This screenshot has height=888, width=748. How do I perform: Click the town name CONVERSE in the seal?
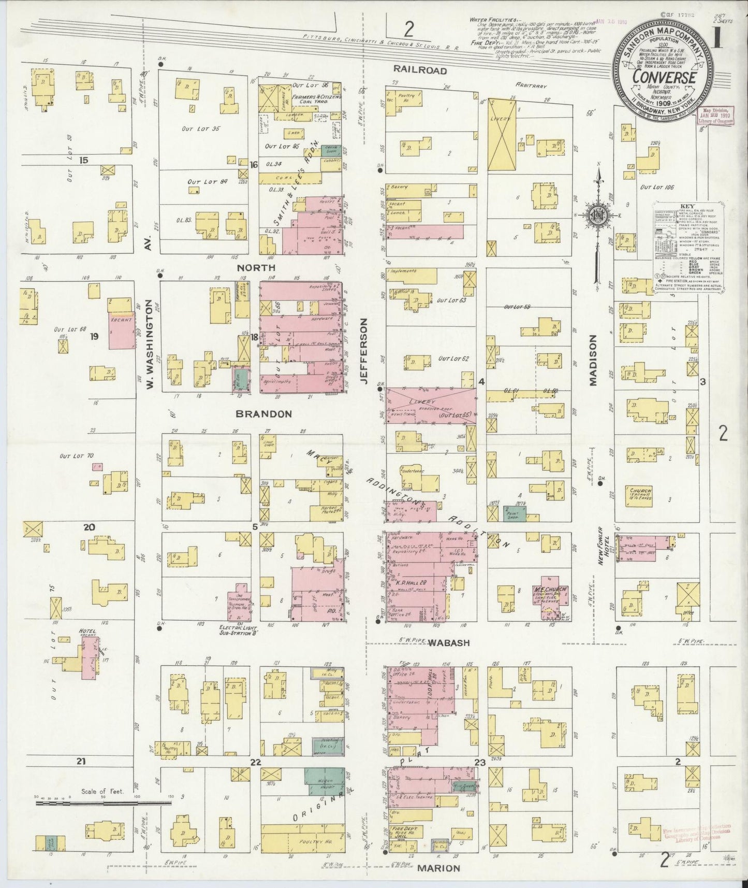tap(663, 77)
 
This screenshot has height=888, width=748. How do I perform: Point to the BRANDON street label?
tap(263, 414)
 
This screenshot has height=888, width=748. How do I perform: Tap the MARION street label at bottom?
tap(439, 868)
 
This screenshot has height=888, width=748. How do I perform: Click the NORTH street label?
tap(256, 267)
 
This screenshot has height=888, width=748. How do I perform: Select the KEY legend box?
tap(686, 248)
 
